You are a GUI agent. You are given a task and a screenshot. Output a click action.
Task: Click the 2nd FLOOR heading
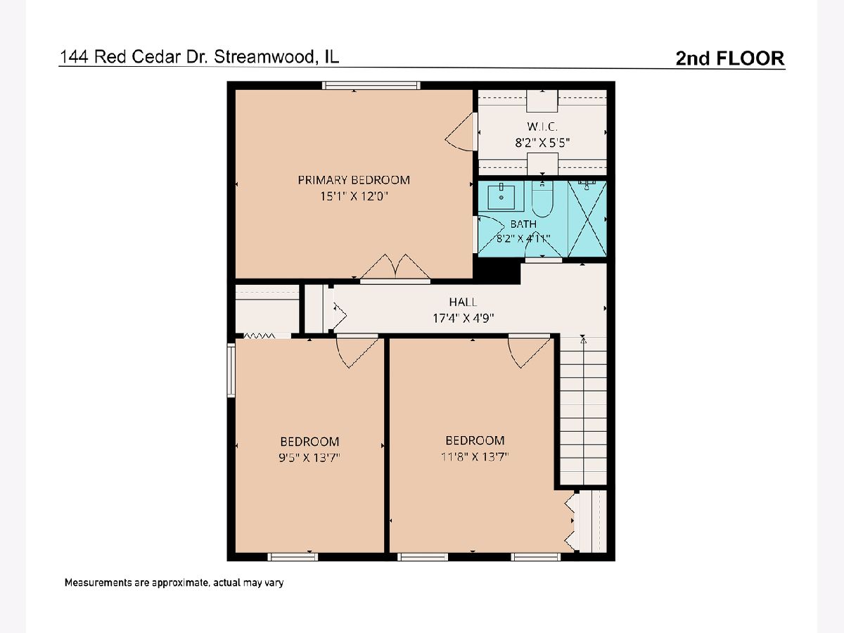(730, 58)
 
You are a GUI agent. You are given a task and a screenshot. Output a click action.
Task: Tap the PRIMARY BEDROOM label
(354, 180)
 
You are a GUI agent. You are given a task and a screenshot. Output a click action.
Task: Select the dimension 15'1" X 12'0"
(354, 196)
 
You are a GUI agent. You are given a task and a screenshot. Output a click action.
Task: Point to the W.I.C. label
(542, 126)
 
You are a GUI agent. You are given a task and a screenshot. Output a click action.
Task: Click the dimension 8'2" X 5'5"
(542, 143)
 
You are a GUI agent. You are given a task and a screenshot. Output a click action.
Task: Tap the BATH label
(523, 224)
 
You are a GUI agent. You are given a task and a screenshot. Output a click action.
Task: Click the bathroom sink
(501, 196)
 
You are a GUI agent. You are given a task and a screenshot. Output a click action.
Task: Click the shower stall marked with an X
(587, 218)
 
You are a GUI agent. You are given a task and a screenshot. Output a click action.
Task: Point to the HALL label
(463, 302)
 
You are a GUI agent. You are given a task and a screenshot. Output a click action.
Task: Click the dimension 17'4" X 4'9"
(463, 318)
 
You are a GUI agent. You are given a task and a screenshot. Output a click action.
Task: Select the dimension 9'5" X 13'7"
(309, 458)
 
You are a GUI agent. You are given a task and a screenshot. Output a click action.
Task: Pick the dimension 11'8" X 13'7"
(475, 456)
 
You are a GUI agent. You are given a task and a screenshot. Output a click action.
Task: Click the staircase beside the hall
(583, 411)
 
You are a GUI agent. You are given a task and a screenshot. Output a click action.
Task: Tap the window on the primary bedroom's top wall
(371, 85)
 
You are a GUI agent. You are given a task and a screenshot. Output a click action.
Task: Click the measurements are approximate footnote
(174, 582)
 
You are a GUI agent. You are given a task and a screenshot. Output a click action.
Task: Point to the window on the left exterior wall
(231, 370)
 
